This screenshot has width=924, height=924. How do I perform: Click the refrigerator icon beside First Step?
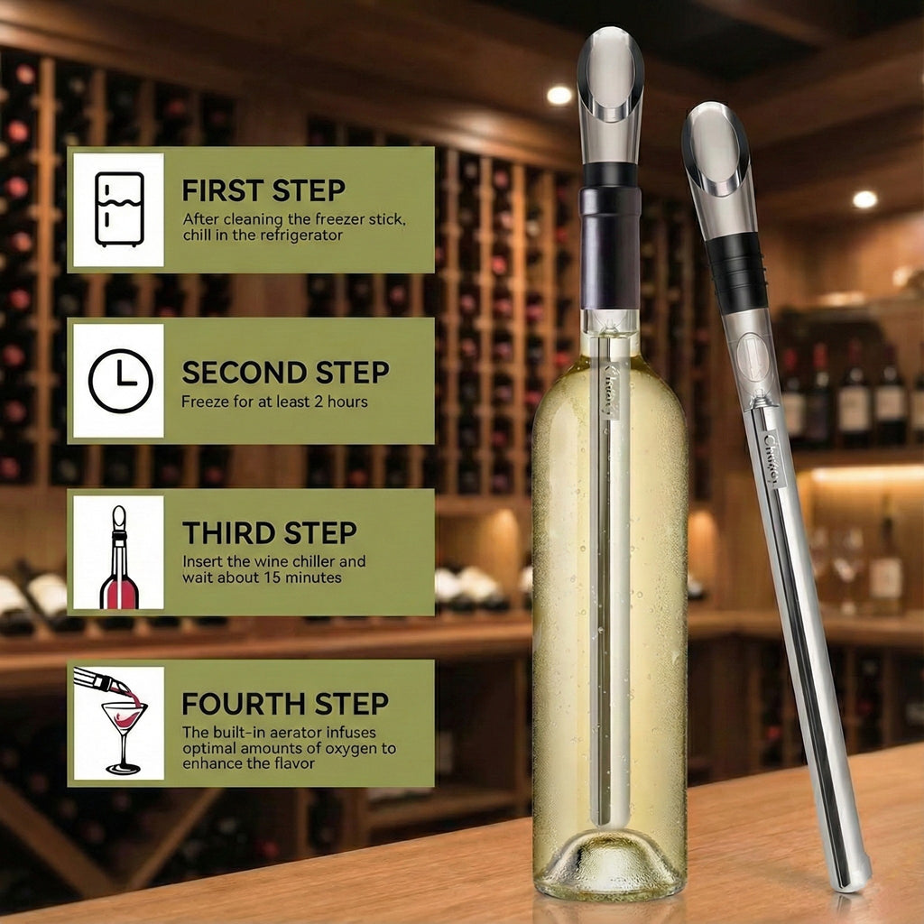point(120,209)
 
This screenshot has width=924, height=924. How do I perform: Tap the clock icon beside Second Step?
point(121,381)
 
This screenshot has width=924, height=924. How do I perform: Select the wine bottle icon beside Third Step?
point(120,557)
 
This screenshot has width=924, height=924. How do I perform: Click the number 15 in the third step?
point(272,577)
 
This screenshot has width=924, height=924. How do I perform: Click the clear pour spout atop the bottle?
point(609,94)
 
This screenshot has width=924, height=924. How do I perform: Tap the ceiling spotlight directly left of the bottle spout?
point(559,95)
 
